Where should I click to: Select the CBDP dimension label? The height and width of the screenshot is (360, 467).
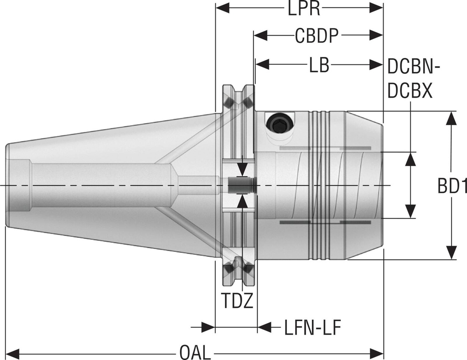click(x=318, y=37)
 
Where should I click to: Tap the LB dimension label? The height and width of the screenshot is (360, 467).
click(x=319, y=66)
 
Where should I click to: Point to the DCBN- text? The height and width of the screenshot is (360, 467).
click(x=413, y=68)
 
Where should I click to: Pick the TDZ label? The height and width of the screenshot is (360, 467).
click(x=237, y=301)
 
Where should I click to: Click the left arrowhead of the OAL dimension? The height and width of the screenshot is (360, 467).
click(x=12, y=353)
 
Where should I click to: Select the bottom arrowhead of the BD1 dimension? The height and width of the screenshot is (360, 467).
click(x=451, y=253)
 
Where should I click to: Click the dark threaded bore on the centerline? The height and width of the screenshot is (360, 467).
click(x=239, y=186)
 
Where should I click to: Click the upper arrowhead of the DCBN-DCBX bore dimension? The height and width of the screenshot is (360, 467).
click(x=411, y=159)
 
